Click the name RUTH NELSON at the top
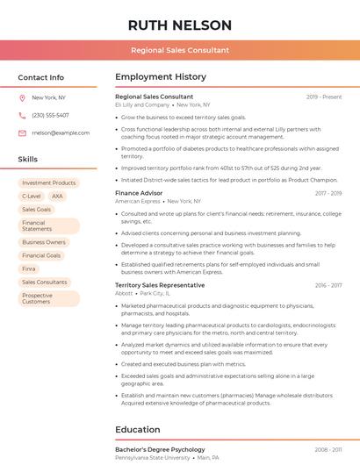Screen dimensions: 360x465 pyautogui.click(x=180, y=25)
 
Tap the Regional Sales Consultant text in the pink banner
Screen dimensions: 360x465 pyautogui.click(x=180, y=51)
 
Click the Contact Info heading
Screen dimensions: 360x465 pyautogui.click(x=41, y=77)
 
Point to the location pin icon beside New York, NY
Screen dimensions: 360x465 pyautogui.click(x=22, y=98)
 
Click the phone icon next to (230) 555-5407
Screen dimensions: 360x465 pyautogui.click(x=22, y=116)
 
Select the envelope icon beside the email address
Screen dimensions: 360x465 pyautogui.click(x=22, y=133)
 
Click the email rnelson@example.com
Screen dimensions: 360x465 pyautogui.click(x=61, y=133)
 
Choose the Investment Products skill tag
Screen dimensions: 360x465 pyautogui.click(x=49, y=182)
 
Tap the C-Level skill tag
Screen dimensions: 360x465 pyautogui.click(x=32, y=197)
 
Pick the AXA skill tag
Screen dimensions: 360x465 pyautogui.click(x=58, y=197)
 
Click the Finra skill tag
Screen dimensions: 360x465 pyautogui.click(x=29, y=268)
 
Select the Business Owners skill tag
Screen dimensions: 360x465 pyautogui.click(x=44, y=242)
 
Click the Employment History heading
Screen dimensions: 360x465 pyautogui.click(x=160, y=77)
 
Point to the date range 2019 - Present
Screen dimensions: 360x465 pyautogui.click(x=324, y=97)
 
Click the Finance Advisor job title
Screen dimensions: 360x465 pyautogui.click(x=139, y=192)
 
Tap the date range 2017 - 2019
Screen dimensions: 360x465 pyautogui.click(x=328, y=192)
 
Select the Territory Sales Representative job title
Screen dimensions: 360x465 pyautogui.click(x=160, y=285)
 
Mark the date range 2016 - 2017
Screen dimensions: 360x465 pyautogui.click(x=328, y=285)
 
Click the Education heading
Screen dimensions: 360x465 pyautogui.click(x=138, y=430)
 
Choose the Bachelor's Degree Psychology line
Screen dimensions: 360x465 pyautogui.click(x=160, y=449)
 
